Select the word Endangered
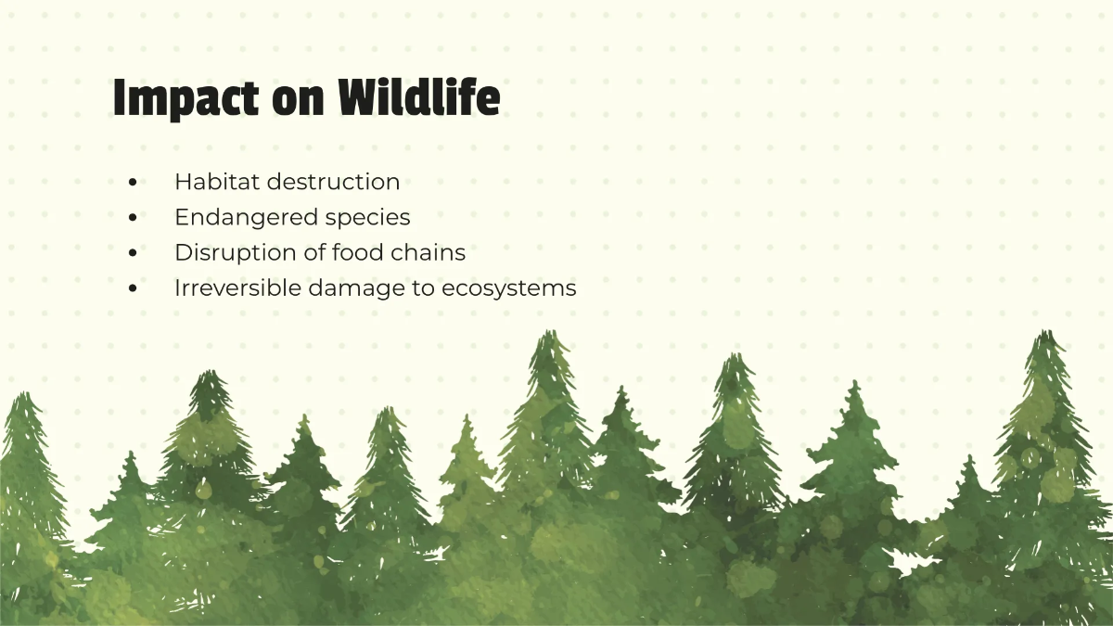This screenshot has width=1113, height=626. pos(246,217)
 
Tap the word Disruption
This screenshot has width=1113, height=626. pos(229,252)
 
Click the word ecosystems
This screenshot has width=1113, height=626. pos(509,289)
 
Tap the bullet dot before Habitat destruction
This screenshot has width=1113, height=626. pos(134,183)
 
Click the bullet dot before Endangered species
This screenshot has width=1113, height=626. pos(134,218)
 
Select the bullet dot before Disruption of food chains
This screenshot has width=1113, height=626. pos(134,253)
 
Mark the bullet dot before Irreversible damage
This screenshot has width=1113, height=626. pos(134,288)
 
